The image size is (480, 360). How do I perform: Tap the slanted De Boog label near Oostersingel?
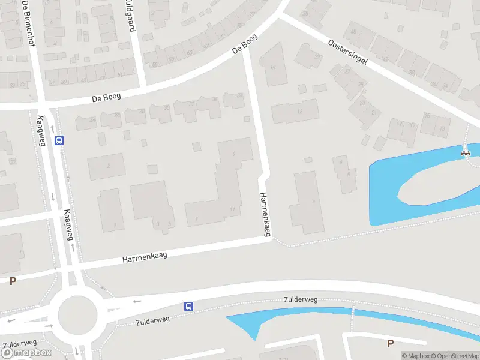click(245, 45)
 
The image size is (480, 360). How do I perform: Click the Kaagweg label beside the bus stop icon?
click(41, 130)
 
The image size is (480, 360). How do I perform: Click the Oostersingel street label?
click(347, 53)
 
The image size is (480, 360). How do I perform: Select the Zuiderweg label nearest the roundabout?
click(152, 319)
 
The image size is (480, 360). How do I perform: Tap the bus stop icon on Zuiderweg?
click(188, 306)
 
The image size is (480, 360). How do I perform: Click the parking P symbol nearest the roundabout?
click(13, 281)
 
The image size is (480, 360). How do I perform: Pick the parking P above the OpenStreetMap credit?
click(390, 343)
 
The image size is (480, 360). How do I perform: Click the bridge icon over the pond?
click(466, 154)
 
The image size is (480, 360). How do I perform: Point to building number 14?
click(273, 67)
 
